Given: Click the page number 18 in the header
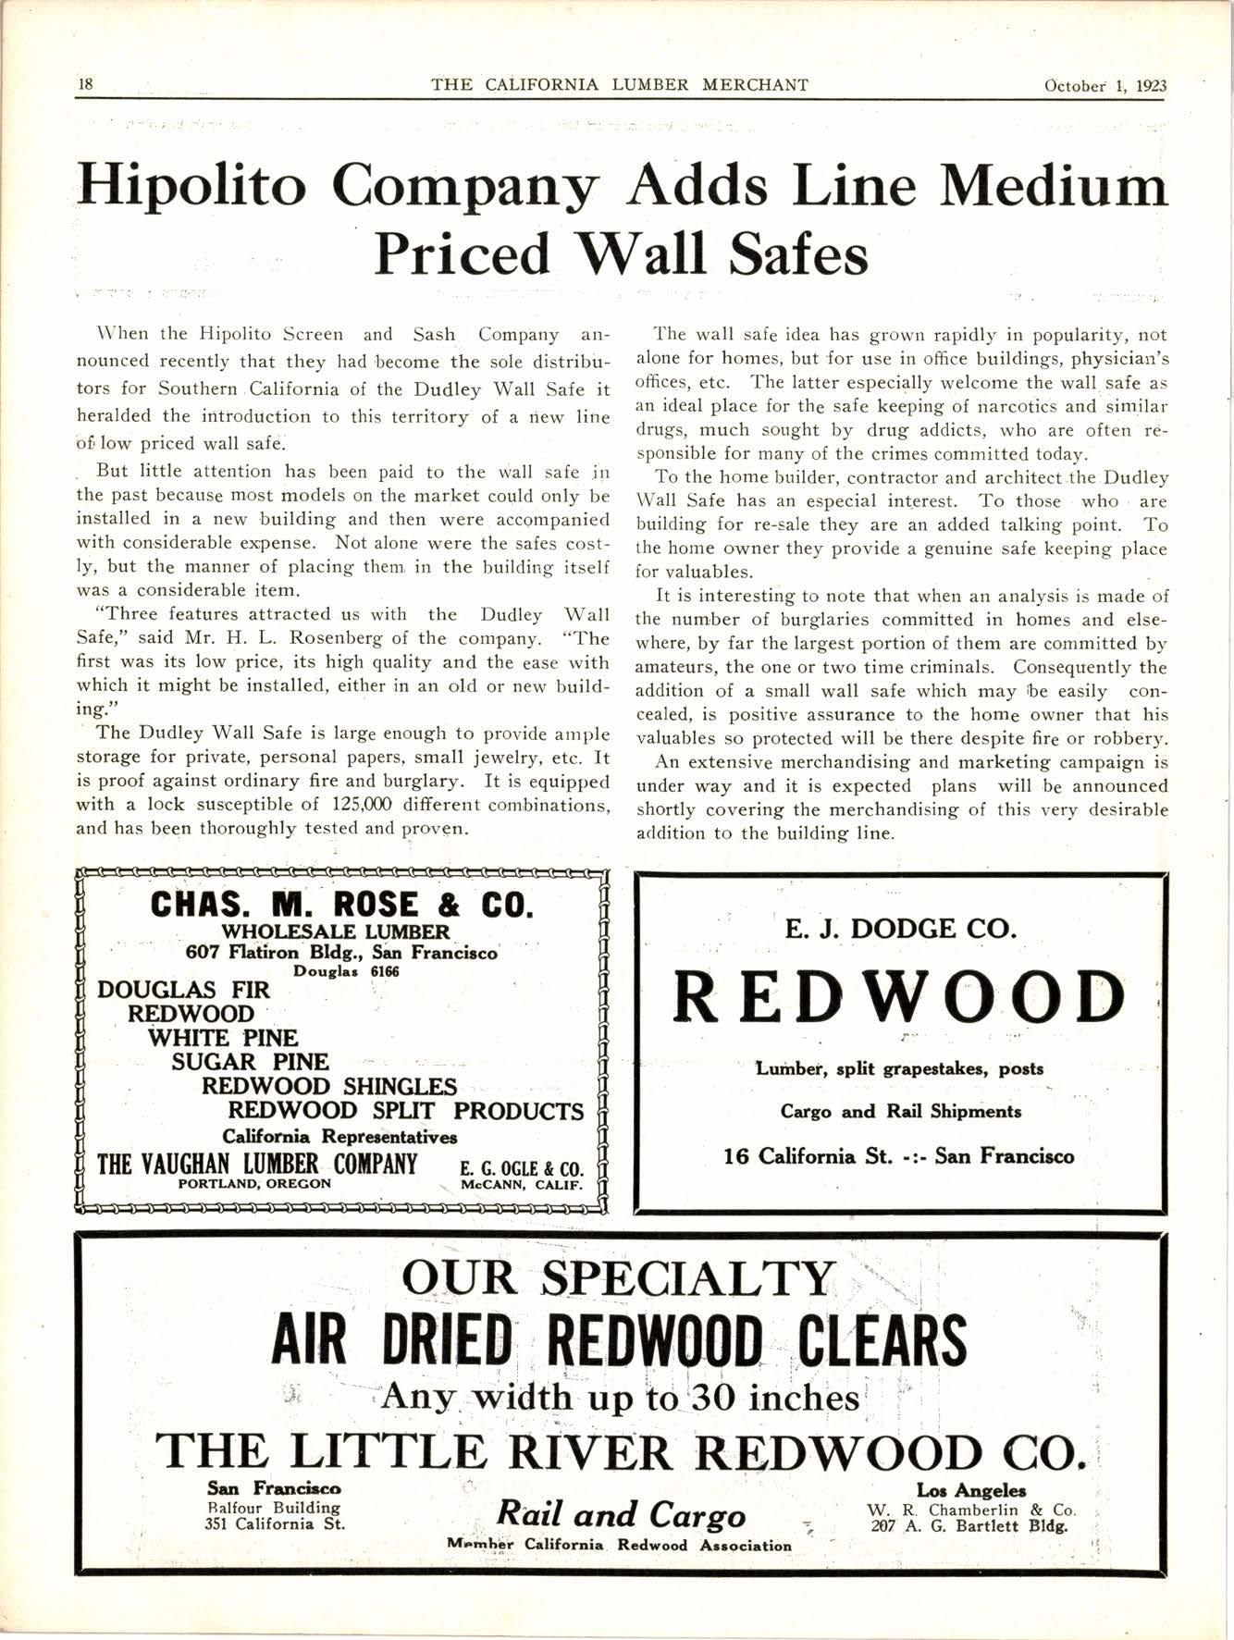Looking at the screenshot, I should pos(85,84).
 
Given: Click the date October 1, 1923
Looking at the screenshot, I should pos(1104,85).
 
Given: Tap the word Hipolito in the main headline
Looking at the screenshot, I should pos(192,185).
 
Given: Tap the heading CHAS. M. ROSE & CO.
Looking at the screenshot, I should pos(342,903).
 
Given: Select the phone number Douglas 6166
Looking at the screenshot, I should pos(346,971).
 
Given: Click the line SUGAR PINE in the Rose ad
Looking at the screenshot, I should pos(250,1062).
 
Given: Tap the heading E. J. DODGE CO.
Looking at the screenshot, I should pos(900,928).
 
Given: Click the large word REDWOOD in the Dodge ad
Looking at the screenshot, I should pos(899,999).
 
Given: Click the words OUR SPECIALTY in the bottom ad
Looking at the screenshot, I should pos(618,1278).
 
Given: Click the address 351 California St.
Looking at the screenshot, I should pos(274,1524).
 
